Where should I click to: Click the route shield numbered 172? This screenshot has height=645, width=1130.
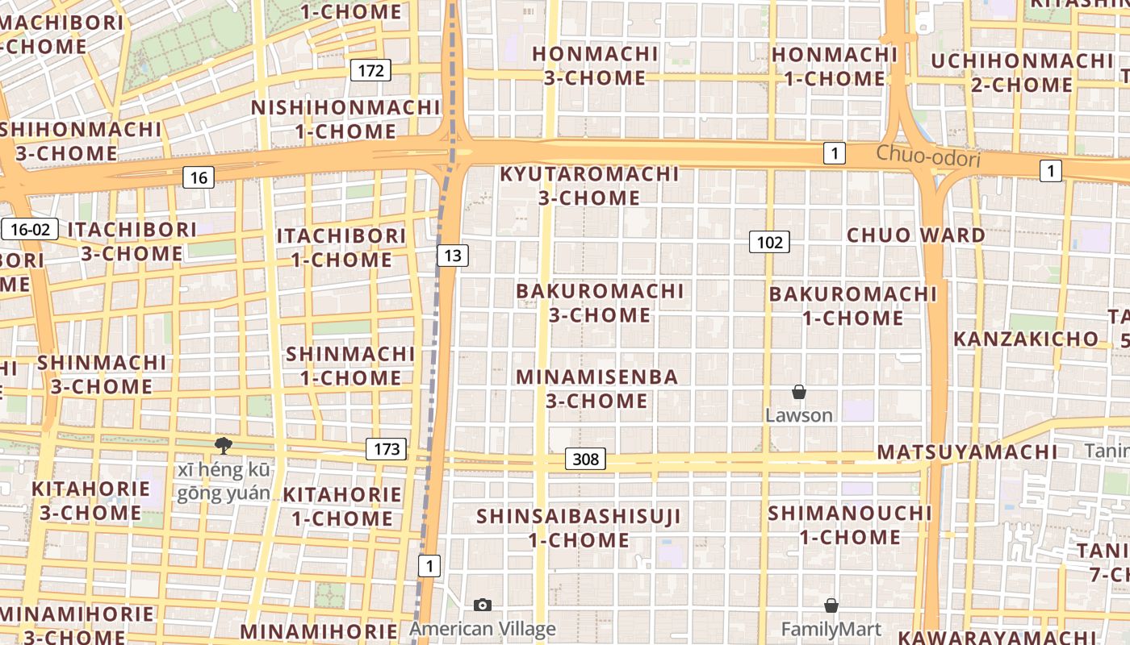pos(370,70)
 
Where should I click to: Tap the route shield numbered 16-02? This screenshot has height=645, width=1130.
pos(31,229)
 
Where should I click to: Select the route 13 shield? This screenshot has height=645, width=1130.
pos(453,256)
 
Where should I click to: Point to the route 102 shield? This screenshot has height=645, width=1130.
pos(768,241)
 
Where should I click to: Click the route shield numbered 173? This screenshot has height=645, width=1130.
pos(387,449)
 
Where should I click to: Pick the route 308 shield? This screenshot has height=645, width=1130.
pos(585,459)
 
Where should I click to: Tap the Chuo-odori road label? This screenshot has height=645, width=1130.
pos(928,156)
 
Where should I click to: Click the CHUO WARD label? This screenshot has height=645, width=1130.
pos(915,235)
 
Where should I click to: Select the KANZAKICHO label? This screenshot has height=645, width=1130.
pos(1026,339)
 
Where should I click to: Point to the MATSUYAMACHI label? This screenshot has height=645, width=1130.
pos(967,451)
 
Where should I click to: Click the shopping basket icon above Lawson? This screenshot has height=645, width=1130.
pos(798,393)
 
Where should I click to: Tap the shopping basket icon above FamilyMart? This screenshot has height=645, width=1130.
pos(831,605)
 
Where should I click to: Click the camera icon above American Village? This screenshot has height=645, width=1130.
pos(483,605)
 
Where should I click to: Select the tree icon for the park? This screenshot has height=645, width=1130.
pos(223,445)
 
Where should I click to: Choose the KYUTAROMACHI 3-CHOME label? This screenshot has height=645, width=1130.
pos(589,185)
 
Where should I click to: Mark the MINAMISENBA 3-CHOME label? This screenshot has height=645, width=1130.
pos(597,389)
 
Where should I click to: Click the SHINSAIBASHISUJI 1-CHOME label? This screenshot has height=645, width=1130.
pos(579,527)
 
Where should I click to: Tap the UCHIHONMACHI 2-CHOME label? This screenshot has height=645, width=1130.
pos(1022,73)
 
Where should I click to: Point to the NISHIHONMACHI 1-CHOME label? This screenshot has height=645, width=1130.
pos(345,119)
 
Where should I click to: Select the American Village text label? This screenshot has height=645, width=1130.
pos(483,629)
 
